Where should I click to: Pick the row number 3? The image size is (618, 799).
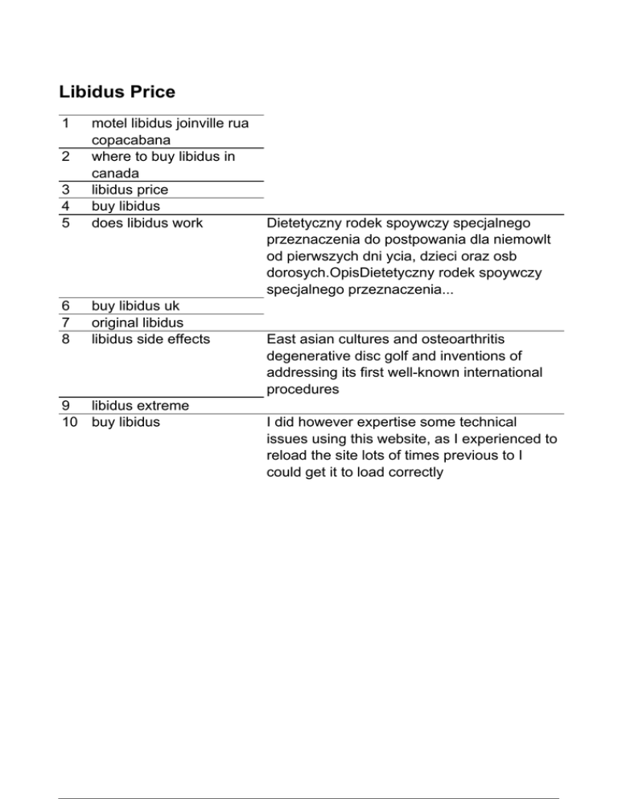(64, 190)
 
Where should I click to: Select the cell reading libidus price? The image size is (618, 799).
(130, 190)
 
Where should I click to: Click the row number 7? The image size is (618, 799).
(64, 322)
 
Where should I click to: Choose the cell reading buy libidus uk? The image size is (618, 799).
(135, 306)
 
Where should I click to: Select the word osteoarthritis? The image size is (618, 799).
(459, 339)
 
